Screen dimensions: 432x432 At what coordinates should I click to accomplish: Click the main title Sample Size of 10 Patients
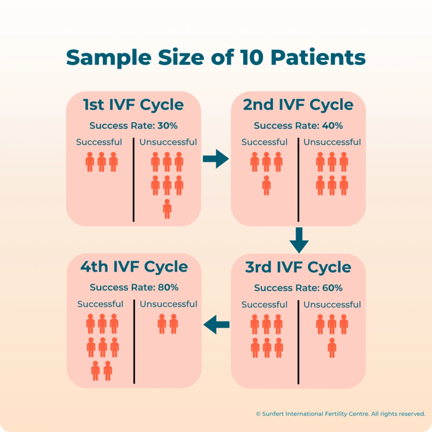216,57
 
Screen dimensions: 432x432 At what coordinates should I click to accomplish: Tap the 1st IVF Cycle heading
133,105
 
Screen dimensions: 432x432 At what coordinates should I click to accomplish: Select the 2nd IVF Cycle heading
298,105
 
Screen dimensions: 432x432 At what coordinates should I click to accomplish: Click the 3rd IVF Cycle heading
298,267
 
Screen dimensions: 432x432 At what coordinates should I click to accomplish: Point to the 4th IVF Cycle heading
134,267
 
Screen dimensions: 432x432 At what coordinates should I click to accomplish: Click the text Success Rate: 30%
133,126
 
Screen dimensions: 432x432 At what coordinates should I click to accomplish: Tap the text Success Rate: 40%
298,126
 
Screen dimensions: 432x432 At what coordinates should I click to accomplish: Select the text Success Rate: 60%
298,288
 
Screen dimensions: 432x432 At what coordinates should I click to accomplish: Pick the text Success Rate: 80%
134,287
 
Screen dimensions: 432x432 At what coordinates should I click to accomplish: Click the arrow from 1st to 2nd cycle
216,159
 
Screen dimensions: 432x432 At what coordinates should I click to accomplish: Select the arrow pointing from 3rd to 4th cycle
216,324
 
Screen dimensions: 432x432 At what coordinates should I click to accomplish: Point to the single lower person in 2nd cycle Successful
267,185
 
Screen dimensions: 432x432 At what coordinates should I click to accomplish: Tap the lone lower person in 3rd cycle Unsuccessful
332,348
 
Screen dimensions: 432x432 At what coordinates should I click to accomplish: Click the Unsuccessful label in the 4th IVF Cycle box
168,304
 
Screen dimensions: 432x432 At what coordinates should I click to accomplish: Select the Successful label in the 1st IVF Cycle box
99,142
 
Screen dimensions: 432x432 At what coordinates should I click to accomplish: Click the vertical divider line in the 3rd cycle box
298,341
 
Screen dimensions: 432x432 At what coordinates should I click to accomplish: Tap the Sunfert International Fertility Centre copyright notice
340,413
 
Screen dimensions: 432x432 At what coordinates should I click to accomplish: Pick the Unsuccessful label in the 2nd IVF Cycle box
332,142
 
